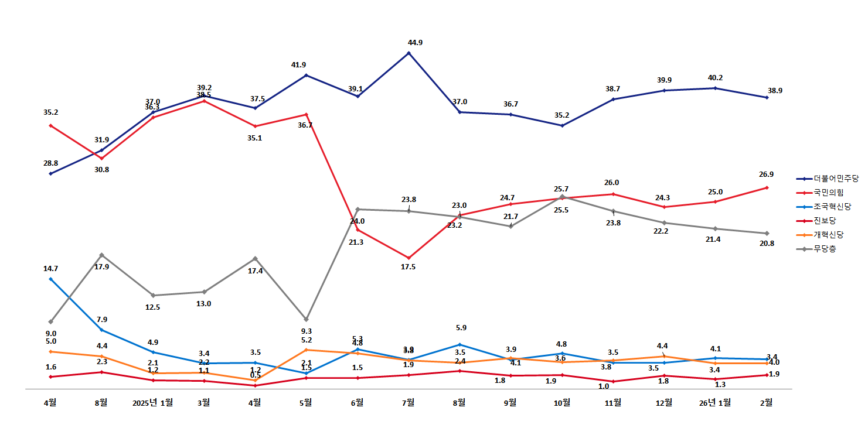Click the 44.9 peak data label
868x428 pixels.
(415, 43)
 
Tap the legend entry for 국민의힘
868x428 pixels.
(828, 193)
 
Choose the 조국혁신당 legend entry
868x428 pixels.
(832, 207)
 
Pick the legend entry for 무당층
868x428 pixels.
(825, 249)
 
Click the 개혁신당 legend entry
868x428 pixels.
(828, 235)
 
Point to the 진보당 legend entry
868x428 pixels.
(825, 221)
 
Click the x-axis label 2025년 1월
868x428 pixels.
(152, 402)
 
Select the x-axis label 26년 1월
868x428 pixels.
(715, 402)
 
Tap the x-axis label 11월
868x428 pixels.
(613, 402)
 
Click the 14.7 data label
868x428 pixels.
(51, 269)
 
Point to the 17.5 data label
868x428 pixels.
(408, 267)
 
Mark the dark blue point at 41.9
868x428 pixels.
(306, 76)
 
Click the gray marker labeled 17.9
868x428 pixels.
(102, 255)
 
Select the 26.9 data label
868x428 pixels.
(767, 174)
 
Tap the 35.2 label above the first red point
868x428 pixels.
(50, 112)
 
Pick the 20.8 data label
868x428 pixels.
(767, 244)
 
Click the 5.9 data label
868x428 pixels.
(459, 328)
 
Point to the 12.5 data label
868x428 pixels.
(152, 307)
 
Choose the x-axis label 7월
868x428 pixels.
(408, 402)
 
